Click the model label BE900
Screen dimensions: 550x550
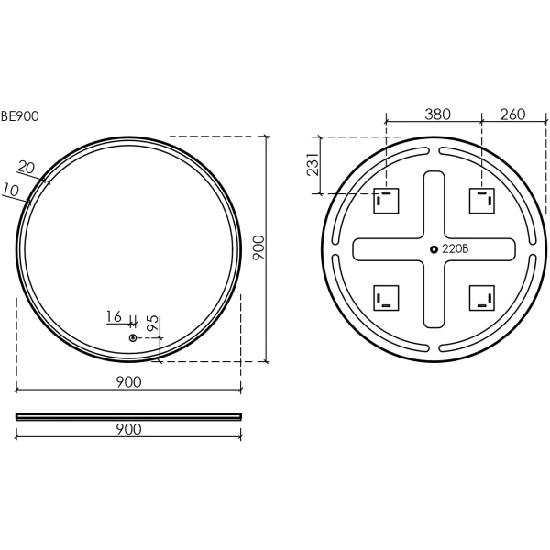click(19, 116)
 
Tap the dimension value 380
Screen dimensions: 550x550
click(437, 115)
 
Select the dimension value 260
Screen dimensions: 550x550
click(512, 115)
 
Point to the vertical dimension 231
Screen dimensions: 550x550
click(313, 164)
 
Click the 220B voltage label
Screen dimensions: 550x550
click(455, 249)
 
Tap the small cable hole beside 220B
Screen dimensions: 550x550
click(434, 249)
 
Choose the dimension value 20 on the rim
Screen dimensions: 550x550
click(27, 168)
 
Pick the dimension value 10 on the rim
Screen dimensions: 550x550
click(10, 190)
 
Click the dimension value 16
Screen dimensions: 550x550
click(114, 316)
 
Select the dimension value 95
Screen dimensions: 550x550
click(152, 323)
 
